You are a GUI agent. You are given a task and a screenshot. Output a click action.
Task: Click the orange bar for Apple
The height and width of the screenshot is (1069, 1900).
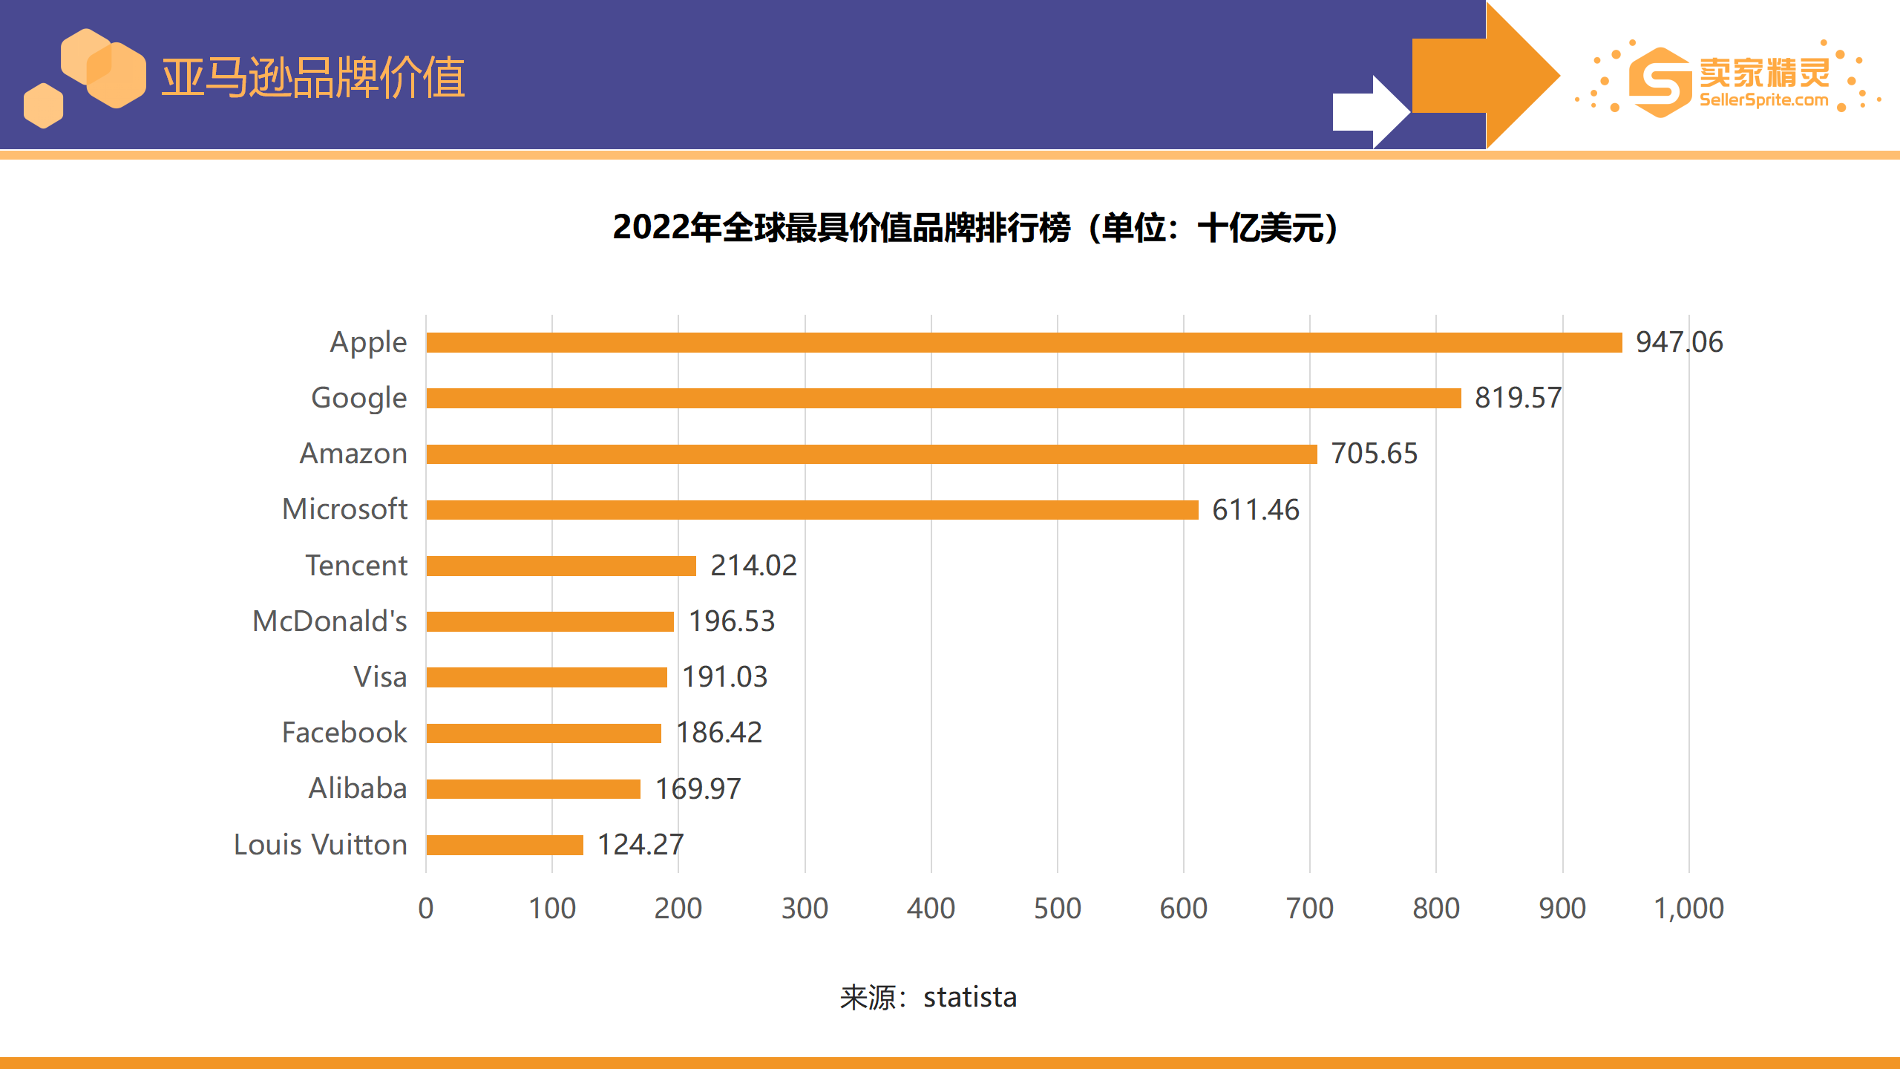pos(1024,342)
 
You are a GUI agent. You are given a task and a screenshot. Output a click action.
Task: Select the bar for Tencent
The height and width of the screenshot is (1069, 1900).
pos(561,566)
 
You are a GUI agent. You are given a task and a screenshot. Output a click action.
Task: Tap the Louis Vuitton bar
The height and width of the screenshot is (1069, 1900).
pos(505,845)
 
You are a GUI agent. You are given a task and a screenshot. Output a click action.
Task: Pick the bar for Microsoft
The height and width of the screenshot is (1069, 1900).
pos(812,510)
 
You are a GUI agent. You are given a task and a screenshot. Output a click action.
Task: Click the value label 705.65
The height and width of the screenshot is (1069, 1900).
pos(1374,454)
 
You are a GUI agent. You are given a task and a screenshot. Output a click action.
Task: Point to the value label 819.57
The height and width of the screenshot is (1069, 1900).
pos(1518,398)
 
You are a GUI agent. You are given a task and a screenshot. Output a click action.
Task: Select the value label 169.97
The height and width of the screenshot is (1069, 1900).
pos(698,788)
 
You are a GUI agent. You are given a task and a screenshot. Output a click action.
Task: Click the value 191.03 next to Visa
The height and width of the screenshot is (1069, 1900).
pos(724,677)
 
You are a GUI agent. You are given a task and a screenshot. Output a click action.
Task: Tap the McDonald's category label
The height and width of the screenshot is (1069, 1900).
pos(330,621)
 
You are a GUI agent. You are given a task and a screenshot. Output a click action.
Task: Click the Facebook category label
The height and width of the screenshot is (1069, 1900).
pos(344,733)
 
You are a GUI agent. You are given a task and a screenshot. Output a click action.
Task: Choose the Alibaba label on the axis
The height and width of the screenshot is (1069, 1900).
pos(358,788)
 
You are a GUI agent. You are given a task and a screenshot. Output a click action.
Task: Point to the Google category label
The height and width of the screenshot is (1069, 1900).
pos(359,398)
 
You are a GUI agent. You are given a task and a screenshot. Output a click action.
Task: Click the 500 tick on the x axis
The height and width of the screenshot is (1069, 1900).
pos(1057,909)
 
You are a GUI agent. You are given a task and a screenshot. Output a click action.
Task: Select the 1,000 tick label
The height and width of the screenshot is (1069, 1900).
pos(1688,909)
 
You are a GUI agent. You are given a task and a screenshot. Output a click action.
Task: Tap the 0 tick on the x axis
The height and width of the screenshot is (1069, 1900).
pos(426,909)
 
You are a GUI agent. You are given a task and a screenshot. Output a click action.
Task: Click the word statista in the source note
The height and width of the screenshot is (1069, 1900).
pos(969,998)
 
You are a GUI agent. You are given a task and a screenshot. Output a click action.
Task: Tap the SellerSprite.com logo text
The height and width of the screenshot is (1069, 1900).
pos(1763,100)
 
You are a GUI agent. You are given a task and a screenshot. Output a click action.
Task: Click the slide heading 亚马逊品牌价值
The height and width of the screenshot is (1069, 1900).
pos(313,77)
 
